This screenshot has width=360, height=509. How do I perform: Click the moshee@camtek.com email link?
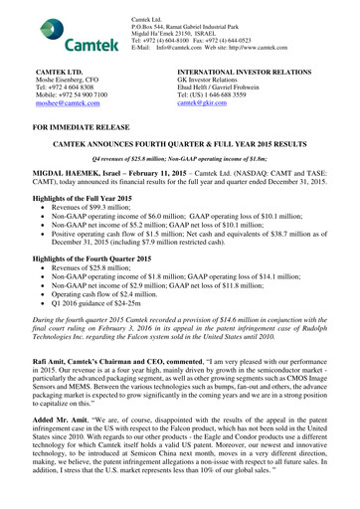(71, 101)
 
